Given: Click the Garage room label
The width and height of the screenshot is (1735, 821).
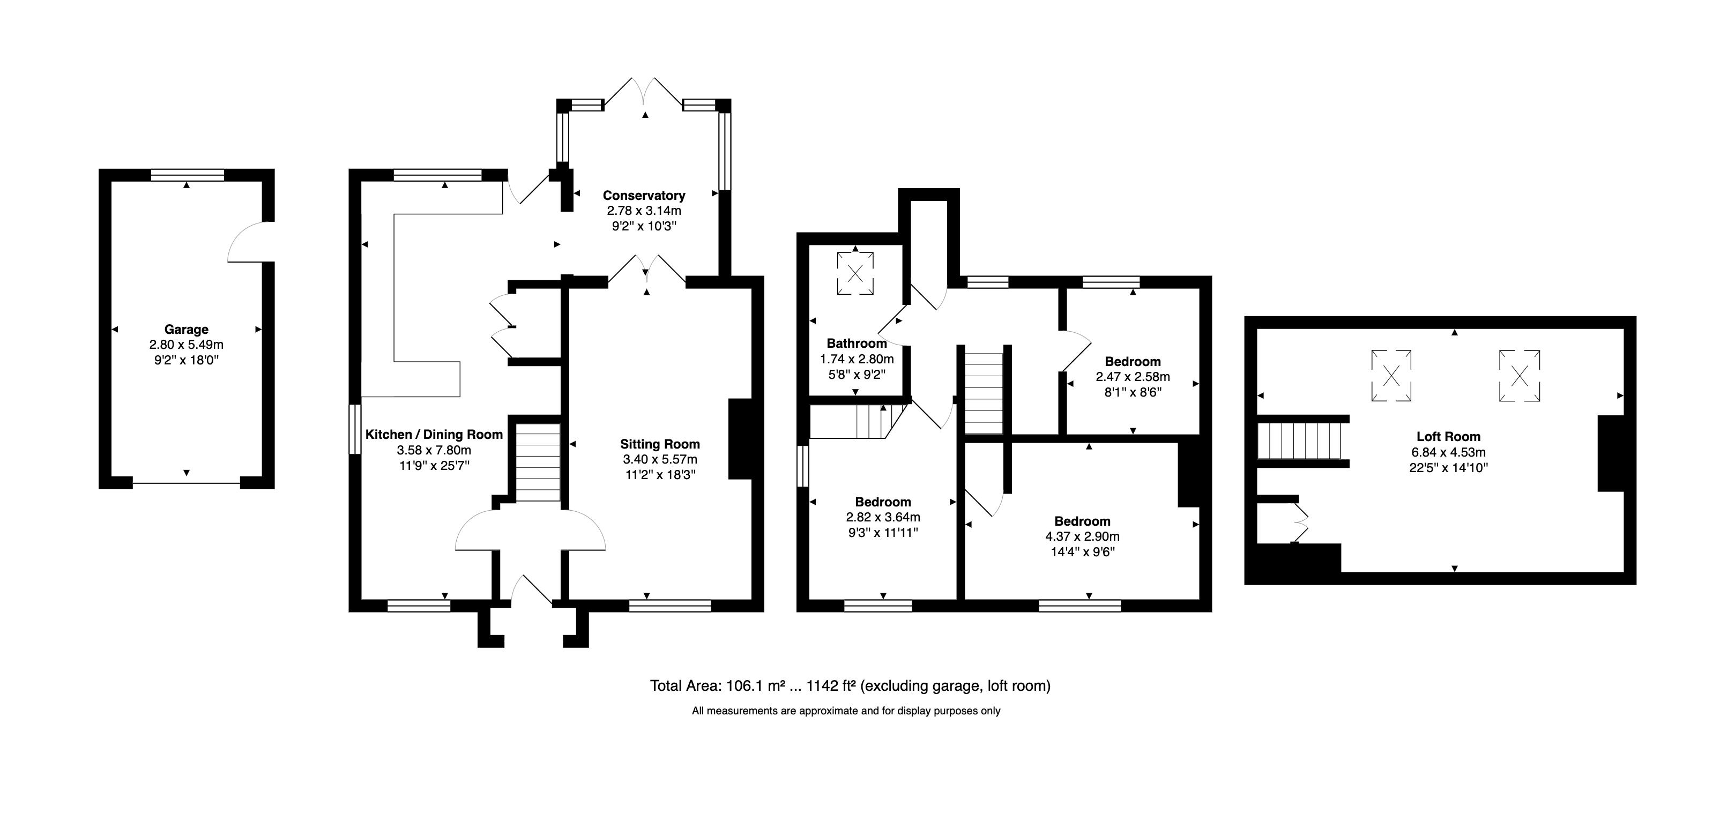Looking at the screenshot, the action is coord(186,330).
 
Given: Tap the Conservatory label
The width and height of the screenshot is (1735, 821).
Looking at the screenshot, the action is coord(644,195).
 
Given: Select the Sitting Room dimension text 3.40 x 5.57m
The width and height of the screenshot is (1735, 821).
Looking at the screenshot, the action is coord(660,459).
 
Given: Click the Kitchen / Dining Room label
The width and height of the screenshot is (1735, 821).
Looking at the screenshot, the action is coord(434,435).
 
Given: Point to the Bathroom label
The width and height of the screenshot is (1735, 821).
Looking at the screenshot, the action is coord(857,344).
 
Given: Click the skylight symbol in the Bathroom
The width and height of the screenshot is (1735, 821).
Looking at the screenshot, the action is coord(855,273).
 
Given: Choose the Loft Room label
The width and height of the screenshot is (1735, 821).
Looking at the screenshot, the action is coord(1448,436).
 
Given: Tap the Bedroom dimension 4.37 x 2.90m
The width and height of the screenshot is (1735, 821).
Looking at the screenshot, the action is coord(1082,537).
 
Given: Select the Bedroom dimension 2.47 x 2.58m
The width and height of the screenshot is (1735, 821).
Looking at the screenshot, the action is coord(1133,377).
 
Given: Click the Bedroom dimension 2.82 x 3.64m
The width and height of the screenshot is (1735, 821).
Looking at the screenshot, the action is coord(883,517).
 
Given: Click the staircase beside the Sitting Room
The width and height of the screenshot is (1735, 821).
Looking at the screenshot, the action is coord(538,462).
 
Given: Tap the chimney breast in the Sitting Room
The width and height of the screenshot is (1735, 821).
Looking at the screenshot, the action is coord(740,439).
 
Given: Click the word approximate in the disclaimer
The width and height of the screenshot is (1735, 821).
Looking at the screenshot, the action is coord(829,711).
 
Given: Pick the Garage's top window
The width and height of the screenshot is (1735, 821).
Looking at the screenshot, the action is coord(187,175).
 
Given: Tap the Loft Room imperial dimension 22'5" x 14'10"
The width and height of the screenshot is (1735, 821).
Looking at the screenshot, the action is coord(1448,467).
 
